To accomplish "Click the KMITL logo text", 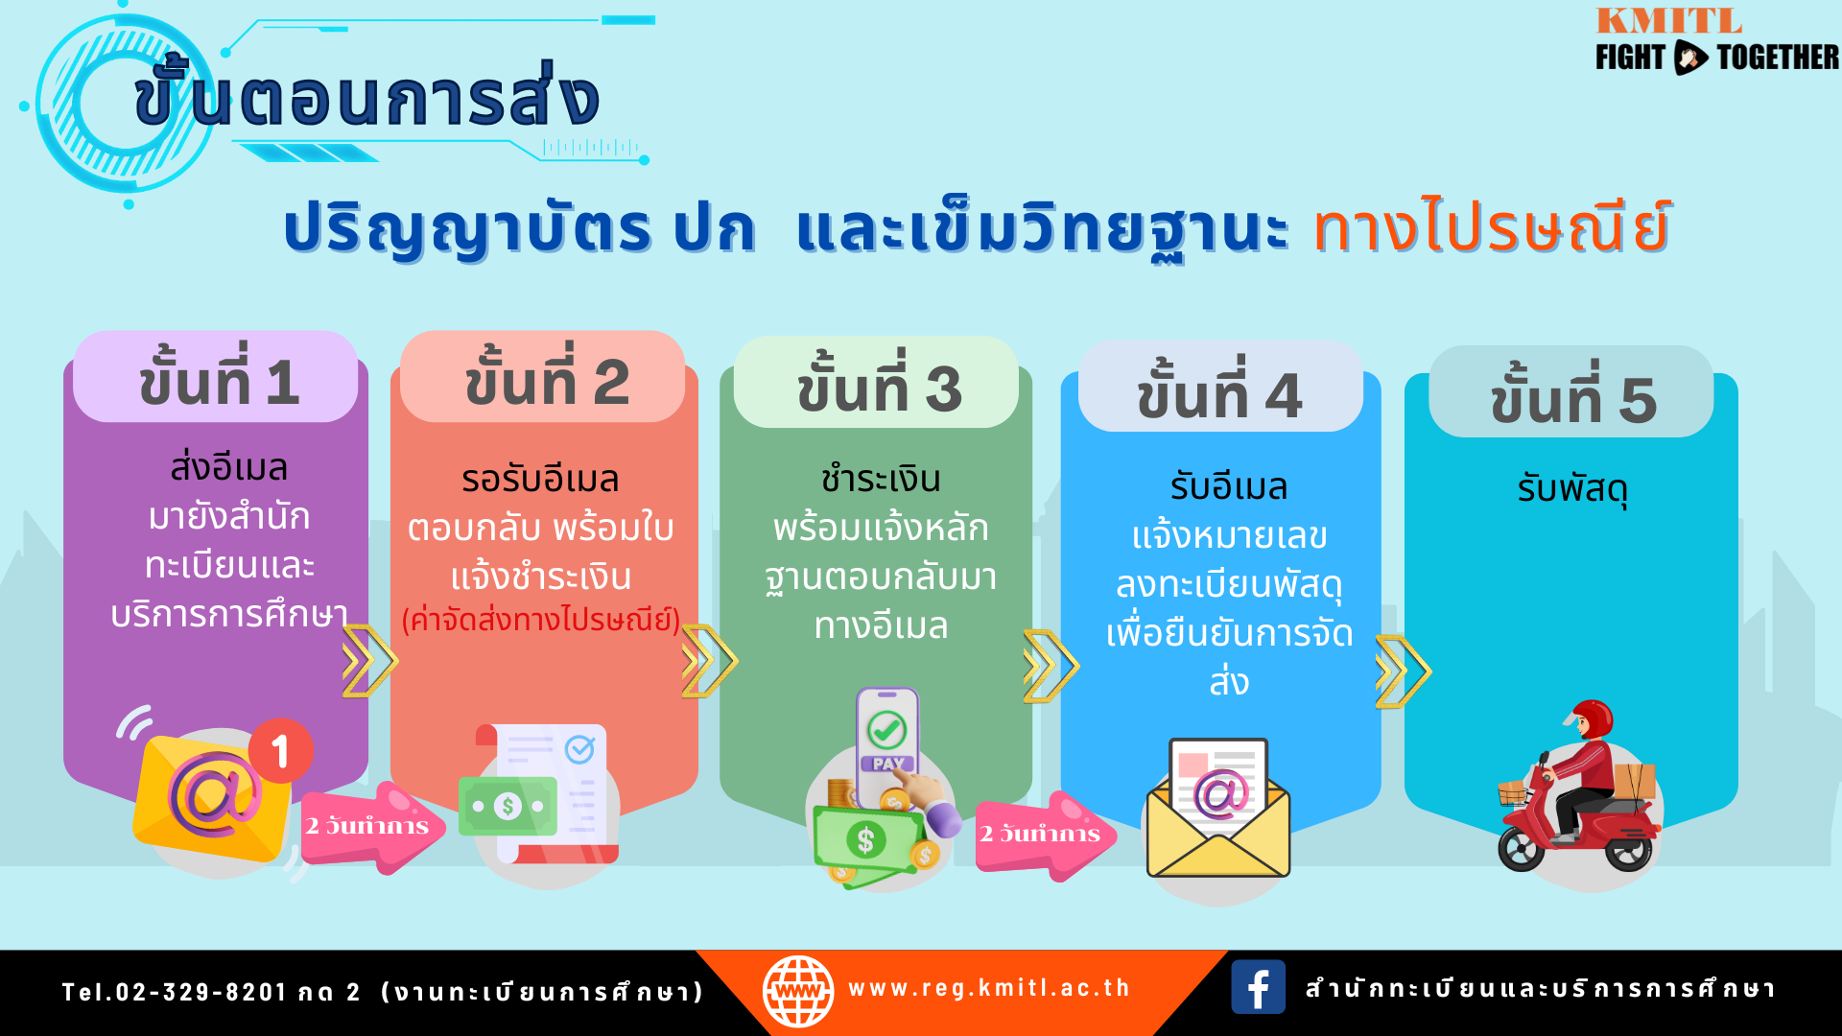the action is [1668, 20].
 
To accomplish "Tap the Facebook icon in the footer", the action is [1258, 987].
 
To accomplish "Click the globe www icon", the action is [798, 991].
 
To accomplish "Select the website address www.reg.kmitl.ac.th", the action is [989, 988].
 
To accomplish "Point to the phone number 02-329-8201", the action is [201, 992].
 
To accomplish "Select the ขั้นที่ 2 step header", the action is [544, 377].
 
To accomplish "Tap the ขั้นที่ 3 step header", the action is [877, 383].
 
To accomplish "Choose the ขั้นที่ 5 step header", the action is [1571, 392].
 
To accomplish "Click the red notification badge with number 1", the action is [280, 751].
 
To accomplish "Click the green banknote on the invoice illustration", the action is [508, 806].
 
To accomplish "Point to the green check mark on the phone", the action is [886, 731].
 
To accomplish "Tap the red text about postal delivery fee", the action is [541, 621].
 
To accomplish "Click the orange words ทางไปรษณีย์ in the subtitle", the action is [1493, 227].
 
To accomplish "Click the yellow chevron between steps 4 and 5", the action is [1403, 671].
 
